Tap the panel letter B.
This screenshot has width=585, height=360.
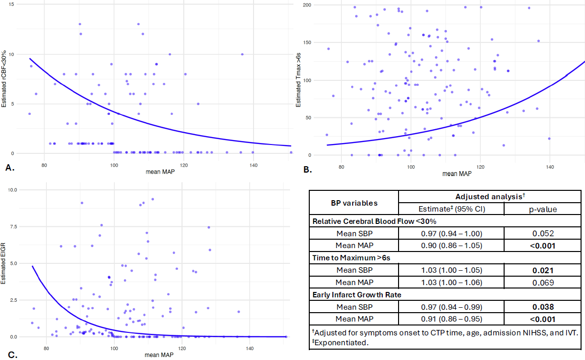pyautogui.click(x=307, y=170)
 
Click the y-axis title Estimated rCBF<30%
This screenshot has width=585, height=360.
pyautogui.click(x=4, y=79)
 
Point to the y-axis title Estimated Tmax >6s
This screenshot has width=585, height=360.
pyautogui.click(x=299, y=81)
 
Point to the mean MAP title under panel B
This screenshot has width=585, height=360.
pyautogui.click(x=456, y=174)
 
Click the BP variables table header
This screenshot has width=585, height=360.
pyautogui.click(x=353, y=203)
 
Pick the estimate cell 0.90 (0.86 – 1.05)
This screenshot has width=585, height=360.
pyautogui.click(x=451, y=246)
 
